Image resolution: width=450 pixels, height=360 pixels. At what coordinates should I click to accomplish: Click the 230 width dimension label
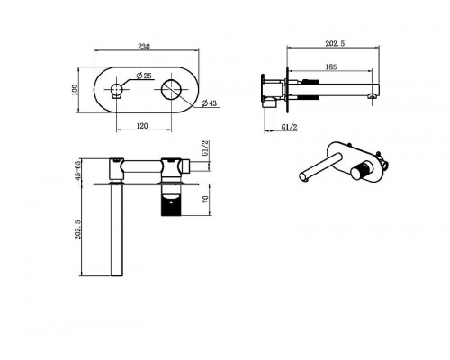[x=144, y=47]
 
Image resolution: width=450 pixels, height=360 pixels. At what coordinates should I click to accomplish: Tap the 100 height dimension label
[x=75, y=90]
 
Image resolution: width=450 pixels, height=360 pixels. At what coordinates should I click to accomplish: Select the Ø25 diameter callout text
[x=144, y=76]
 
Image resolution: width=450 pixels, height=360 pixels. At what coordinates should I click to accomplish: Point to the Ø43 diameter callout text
[x=209, y=103]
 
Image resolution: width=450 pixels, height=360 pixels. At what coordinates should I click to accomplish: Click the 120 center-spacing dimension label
[x=142, y=126]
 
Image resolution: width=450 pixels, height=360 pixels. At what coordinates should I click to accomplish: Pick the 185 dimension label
[x=331, y=67]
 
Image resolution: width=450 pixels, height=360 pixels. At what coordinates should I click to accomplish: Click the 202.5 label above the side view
[x=335, y=44]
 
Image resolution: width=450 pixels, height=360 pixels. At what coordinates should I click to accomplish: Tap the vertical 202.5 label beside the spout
[x=78, y=229]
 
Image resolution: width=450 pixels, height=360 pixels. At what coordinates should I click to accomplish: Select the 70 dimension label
[x=206, y=200]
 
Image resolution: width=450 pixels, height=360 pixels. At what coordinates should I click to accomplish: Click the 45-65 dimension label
[x=78, y=171]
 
